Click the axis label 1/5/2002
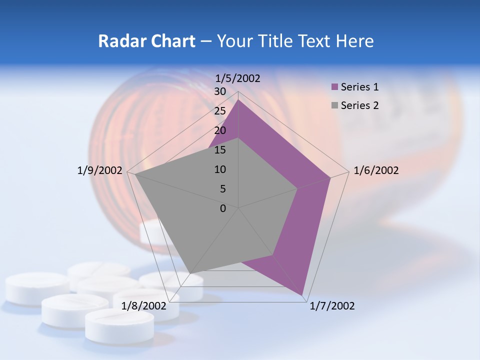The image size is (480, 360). pyautogui.click(x=237, y=78)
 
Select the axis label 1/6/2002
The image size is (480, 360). pyautogui.click(x=376, y=170)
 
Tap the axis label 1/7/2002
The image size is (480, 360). pyautogui.click(x=332, y=306)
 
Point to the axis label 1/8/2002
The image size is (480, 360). pyautogui.click(x=143, y=306)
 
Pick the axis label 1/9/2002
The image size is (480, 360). pyautogui.click(x=99, y=170)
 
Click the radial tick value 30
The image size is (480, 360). pyautogui.click(x=220, y=91)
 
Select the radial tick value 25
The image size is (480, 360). pyautogui.click(x=220, y=111)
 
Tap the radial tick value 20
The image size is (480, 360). pyautogui.click(x=220, y=130)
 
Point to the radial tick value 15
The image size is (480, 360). pyautogui.click(x=220, y=150)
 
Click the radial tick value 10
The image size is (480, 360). pyautogui.click(x=220, y=169)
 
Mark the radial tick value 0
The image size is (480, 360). pyautogui.click(x=223, y=208)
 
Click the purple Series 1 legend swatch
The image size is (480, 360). pyautogui.click(x=335, y=87)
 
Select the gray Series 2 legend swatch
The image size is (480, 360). pyautogui.click(x=335, y=105)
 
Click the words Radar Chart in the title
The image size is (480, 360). pyautogui.click(x=146, y=41)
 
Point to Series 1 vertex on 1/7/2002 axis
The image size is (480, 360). pyautogui.click(x=302, y=295)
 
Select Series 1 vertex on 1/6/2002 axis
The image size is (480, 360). pyautogui.click(x=330, y=177)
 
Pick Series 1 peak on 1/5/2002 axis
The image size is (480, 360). pyautogui.click(x=238, y=99)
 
